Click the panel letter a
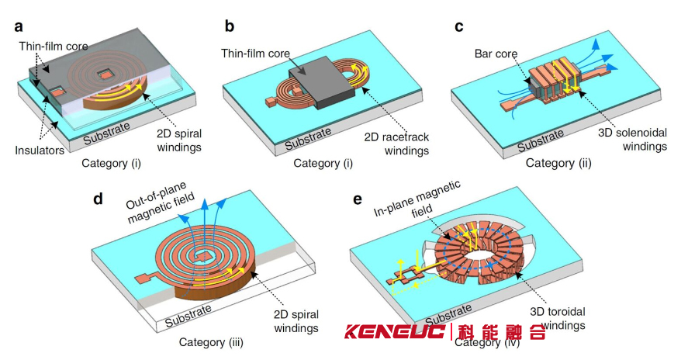click(19, 26)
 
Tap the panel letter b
click(230, 26)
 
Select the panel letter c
click(459, 26)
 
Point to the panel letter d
click(99, 199)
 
